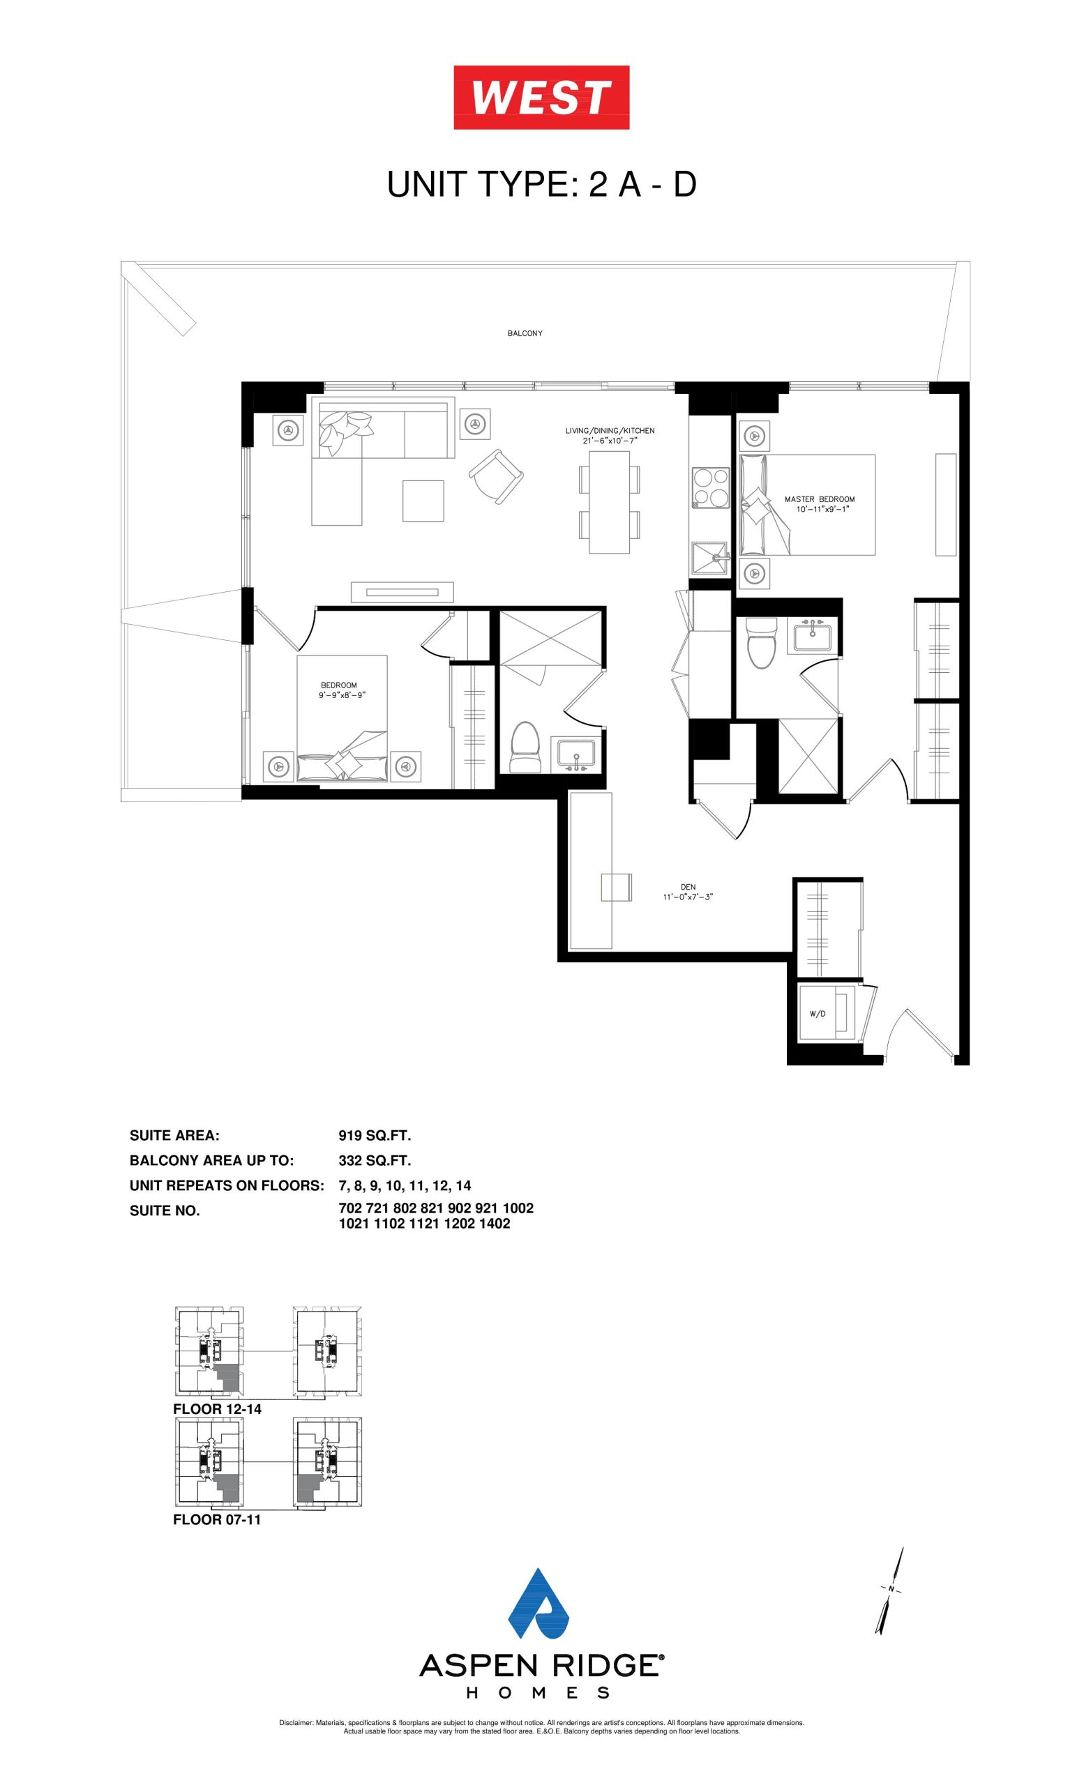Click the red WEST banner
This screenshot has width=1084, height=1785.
pyautogui.click(x=541, y=97)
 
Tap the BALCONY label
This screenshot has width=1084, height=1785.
pyautogui.click(x=525, y=333)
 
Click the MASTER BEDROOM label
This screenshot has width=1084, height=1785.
pyautogui.click(x=820, y=499)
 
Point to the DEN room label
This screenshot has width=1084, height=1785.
pyautogui.click(x=688, y=887)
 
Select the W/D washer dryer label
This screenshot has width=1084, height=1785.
pyautogui.click(x=818, y=1014)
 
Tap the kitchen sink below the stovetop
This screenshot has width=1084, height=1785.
pyautogui.click(x=710, y=559)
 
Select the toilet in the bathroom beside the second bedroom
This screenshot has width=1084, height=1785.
pyautogui.click(x=527, y=746)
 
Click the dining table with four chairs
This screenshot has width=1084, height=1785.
pyautogui.click(x=610, y=502)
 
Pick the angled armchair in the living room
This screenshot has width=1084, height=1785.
pyautogui.click(x=497, y=476)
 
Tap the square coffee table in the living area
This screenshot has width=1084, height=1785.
pyautogui.click(x=423, y=501)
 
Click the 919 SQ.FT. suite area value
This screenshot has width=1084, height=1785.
pyautogui.click(x=375, y=1136)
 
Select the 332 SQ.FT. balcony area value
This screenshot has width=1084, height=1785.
pyautogui.click(x=375, y=1160)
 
